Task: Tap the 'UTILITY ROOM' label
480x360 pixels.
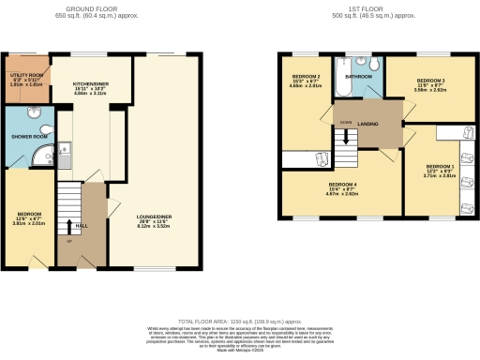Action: [26, 73]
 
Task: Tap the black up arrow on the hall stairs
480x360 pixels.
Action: [67, 225]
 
